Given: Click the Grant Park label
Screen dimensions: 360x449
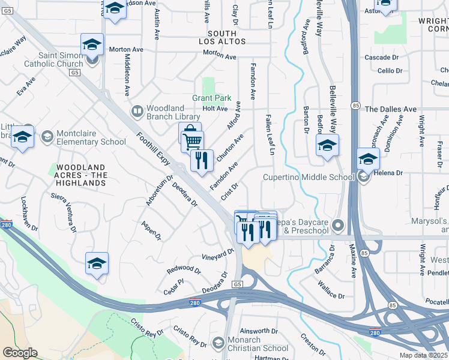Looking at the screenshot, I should coord(211,97).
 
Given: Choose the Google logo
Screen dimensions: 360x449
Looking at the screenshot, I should coord(20,353).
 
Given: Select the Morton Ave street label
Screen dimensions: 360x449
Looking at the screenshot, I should coord(220,55).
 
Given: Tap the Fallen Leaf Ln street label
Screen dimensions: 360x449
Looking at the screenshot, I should coord(270,135).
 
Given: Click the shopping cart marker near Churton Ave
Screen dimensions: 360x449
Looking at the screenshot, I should coord(192,141).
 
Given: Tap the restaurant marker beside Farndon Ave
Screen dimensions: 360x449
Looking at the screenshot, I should coord(202,160).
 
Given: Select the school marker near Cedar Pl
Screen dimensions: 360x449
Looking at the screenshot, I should coord(97,263).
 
